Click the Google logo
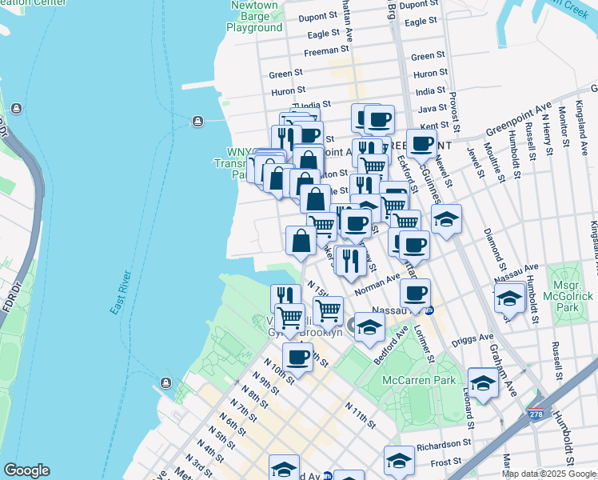coord(26,470)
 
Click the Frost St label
coord(446,462)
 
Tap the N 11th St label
coord(361,413)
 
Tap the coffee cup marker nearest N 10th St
coord(297,357)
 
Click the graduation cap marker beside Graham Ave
coord(483,384)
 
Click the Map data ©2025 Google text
coord(548,474)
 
